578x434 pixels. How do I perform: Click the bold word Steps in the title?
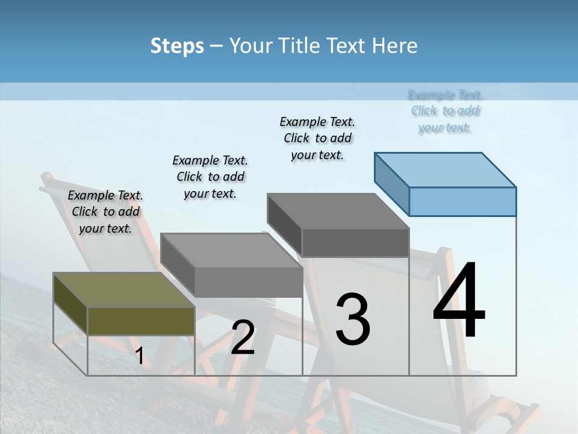(x=177, y=46)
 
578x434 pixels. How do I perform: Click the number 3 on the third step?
(x=353, y=319)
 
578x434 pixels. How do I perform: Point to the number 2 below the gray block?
(x=243, y=338)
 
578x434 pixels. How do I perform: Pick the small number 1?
(x=139, y=356)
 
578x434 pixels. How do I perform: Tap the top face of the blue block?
(x=445, y=169)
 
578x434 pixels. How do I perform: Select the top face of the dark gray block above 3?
(x=338, y=211)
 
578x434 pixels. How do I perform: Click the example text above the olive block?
(x=105, y=212)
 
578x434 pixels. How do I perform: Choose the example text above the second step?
(x=210, y=177)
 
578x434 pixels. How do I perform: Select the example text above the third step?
(x=317, y=138)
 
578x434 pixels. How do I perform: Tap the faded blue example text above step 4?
(x=445, y=111)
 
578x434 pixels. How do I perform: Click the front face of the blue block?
(x=462, y=201)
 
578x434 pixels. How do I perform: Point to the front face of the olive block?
(x=141, y=321)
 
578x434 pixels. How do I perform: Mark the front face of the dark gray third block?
(x=355, y=242)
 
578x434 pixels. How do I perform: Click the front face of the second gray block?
(x=248, y=282)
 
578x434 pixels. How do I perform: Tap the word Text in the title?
(x=346, y=46)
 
